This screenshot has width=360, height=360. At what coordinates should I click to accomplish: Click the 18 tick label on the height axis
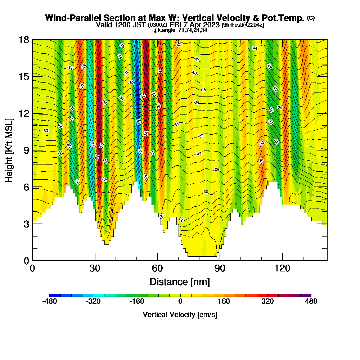pos(24,40)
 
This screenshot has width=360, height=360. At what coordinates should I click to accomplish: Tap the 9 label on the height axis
pos(26,150)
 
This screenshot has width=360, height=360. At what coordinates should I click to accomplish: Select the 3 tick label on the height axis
pos(26,224)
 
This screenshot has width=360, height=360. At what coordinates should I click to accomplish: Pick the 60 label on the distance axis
pos(157,268)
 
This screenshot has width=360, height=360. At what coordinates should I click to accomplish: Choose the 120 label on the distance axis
pos(282,268)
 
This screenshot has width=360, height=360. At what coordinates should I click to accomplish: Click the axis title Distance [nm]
pos(180,281)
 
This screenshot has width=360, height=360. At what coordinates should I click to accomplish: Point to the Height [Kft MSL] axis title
pos(9,150)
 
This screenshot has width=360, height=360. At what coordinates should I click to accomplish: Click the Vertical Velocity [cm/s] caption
pos(180,315)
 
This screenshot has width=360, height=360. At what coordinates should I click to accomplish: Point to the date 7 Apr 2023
pos(200,25)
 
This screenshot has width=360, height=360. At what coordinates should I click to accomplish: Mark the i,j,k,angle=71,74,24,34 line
pos(180,30)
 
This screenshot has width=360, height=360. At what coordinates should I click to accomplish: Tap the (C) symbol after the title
pos(311,18)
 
